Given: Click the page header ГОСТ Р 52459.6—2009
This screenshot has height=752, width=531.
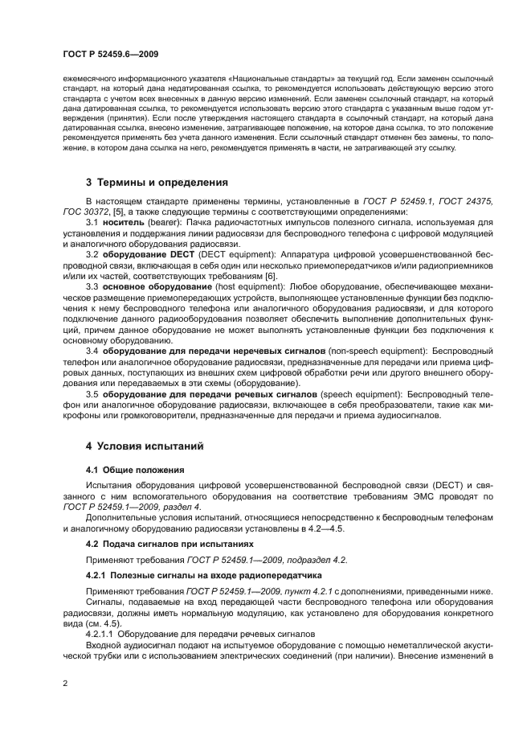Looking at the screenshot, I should click(x=110, y=54).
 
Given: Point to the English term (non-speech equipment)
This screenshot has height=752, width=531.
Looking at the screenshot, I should click(x=375, y=351).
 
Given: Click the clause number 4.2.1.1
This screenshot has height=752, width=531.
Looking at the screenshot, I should click(x=100, y=633).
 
